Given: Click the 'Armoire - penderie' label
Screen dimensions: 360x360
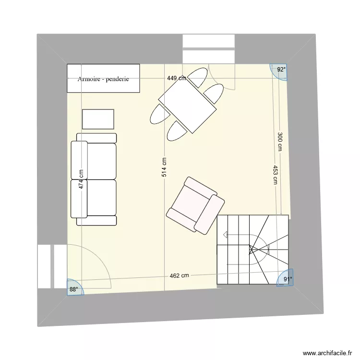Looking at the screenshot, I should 103,79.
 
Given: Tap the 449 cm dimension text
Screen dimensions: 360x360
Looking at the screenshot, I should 176,78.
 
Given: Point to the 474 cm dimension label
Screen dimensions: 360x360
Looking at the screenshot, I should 82,179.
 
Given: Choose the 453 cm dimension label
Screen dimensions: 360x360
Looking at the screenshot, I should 275,175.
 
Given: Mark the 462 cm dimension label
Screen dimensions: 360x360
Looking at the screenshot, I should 179,276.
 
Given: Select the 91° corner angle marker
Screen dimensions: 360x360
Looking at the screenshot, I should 286,280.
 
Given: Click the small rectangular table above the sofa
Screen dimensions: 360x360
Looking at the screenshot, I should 98,119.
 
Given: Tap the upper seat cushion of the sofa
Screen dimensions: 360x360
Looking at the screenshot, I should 101,161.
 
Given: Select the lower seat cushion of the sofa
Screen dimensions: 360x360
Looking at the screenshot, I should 101,198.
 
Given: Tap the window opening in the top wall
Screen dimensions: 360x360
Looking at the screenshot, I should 208,48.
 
